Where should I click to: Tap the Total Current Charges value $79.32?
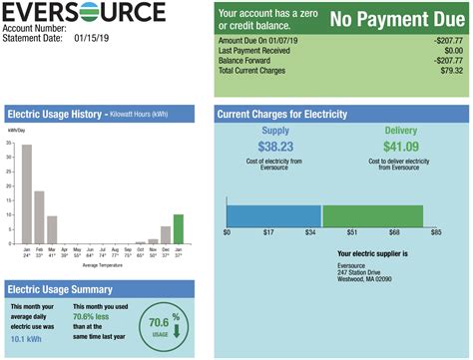click(x=446, y=70)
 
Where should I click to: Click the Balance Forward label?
click(x=246, y=60)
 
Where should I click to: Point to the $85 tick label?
click(x=436, y=232)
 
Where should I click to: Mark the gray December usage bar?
click(x=166, y=235)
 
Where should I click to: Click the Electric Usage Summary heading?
click(x=67, y=289)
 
